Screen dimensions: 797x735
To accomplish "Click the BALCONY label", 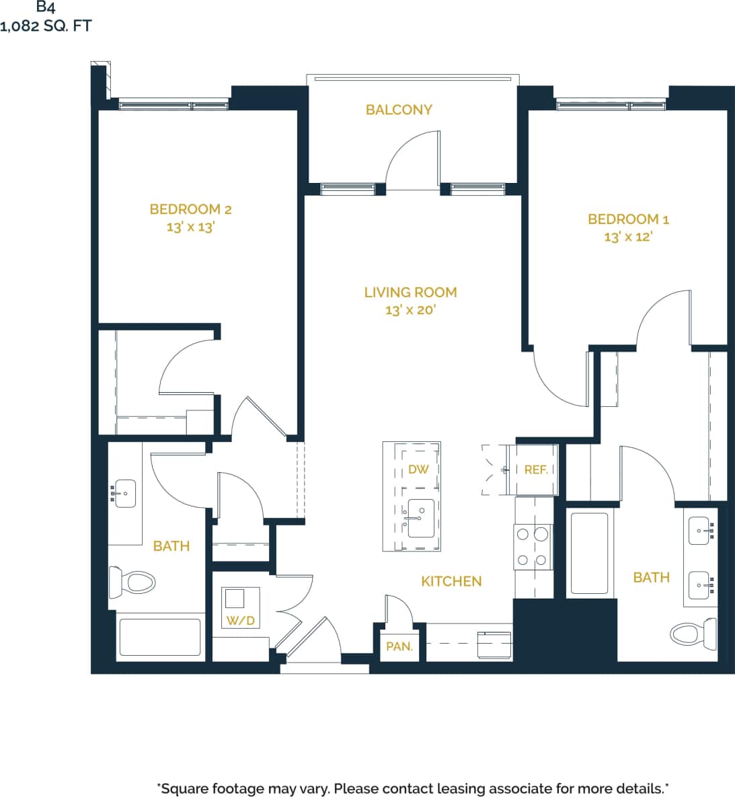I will pyautogui.click(x=399, y=110).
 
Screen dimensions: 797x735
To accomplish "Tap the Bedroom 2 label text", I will pyautogui.click(x=190, y=209).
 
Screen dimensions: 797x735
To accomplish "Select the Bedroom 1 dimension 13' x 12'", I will pyautogui.click(x=628, y=237).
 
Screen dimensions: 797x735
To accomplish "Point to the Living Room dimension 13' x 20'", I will pyautogui.click(x=410, y=310).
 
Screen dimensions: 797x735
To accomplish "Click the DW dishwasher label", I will pyautogui.click(x=418, y=469).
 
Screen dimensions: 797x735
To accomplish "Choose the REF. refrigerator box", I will pyautogui.click(x=536, y=469).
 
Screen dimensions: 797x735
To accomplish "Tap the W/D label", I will pyautogui.click(x=240, y=620).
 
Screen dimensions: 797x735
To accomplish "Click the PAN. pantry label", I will pyautogui.click(x=399, y=646).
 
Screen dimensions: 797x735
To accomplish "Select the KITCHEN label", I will pyautogui.click(x=451, y=581).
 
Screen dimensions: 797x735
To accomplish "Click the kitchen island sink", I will pyautogui.click(x=421, y=518).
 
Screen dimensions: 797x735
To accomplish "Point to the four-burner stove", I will pyautogui.click(x=533, y=547).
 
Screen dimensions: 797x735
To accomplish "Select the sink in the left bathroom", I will pyautogui.click(x=124, y=494).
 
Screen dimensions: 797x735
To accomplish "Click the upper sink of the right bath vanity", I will pyautogui.click(x=701, y=531).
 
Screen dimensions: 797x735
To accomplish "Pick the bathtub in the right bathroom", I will pyautogui.click(x=590, y=553).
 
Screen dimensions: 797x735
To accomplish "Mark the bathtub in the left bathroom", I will pyautogui.click(x=160, y=637).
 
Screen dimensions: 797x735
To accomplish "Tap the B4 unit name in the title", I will pyautogui.click(x=46, y=8).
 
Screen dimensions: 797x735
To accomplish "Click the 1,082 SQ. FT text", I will pyautogui.click(x=46, y=26).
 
